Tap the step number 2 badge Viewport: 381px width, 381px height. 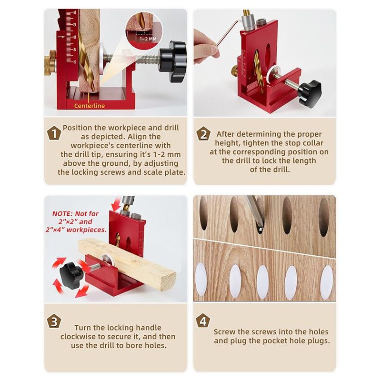point(203,134)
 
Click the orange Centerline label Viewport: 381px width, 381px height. point(89,106)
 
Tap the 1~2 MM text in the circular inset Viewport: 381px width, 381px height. point(145,39)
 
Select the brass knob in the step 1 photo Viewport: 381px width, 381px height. point(50,65)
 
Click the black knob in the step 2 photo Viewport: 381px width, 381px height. point(310,93)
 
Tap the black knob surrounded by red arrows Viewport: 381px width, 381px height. point(71,274)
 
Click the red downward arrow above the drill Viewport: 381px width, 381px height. point(116,204)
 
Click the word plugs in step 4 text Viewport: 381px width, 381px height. point(318,341)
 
